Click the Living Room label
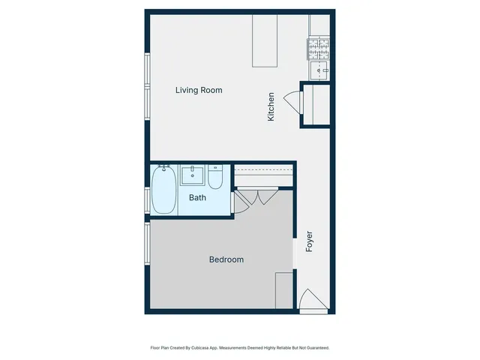pos(199,90)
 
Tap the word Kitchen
pos(271,107)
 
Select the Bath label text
pos(197,198)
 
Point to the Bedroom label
pos(226,259)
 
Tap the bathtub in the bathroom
pos(163,190)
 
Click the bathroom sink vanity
pos(193,176)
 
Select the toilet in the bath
pos(215,178)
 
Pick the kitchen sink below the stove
pos(318,71)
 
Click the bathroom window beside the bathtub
pos(146,199)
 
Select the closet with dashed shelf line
pos(263,176)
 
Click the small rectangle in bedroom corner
pos(283,290)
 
